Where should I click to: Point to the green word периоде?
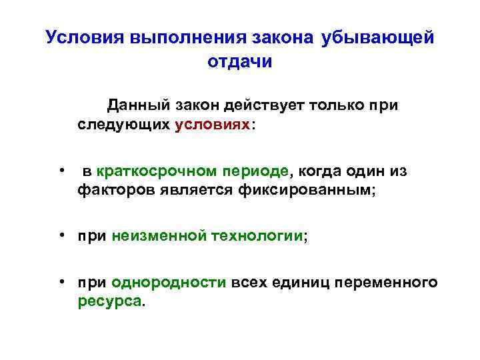pyautogui.click(x=258, y=171)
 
